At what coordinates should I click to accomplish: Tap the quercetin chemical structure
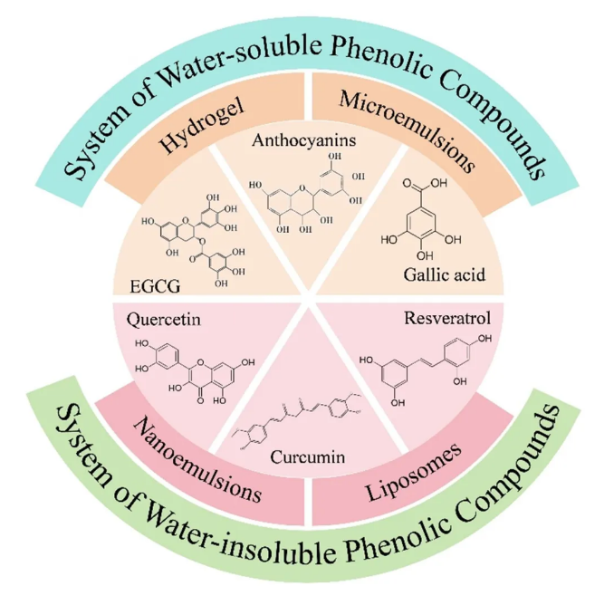pos(191,367)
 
